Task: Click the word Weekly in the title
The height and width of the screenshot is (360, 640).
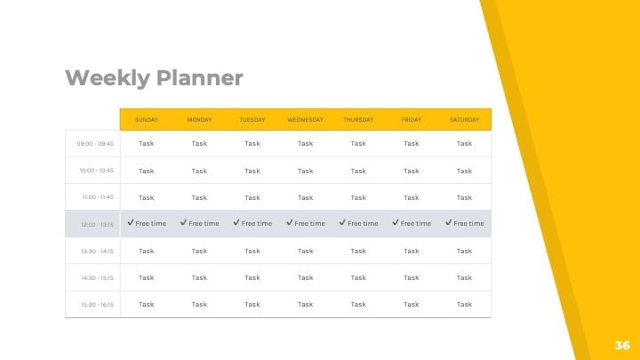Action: click(x=108, y=78)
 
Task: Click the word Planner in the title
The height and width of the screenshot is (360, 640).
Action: click(x=200, y=78)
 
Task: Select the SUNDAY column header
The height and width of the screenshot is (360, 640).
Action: click(x=146, y=120)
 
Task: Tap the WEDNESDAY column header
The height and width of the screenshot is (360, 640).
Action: click(x=305, y=120)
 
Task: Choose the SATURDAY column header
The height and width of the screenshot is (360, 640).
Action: click(x=465, y=120)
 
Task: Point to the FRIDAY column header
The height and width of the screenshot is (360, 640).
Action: click(x=412, y=120)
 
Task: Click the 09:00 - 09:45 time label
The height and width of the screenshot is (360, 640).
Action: click(x=95, y=144)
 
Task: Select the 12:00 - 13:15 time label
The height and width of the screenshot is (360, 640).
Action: click(x=97, y=225)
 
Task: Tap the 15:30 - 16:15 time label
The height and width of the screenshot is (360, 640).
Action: click(x=97, y=305)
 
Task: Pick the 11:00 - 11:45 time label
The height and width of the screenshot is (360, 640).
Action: click(x=98, y=197)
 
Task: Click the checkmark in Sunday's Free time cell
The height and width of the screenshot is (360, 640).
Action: click(x=131, y=222)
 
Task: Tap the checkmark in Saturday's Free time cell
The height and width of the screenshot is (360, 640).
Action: click(x=449, y=222)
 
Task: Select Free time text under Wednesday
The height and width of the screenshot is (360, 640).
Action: click(x=310, y=223)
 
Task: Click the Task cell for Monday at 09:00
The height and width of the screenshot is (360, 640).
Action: click(x=199, y=143)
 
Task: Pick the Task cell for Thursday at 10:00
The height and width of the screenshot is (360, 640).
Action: click(x=358, y=171)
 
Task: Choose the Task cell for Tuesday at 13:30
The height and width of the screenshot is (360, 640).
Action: click(x=252, y=251)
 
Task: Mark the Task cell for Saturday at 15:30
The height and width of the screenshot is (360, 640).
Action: click(x=465, y=304)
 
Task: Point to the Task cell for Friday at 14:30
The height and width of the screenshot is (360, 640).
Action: click(x=412, y=277)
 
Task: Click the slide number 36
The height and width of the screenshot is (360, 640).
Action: click(x=622, y=345)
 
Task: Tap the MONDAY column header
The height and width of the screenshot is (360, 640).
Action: click(x=199, y=120)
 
